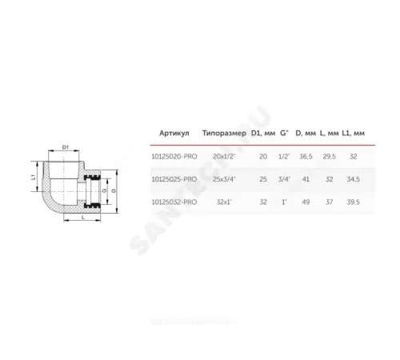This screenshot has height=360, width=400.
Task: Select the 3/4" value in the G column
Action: pyautogui.click(x=283, y=179)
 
